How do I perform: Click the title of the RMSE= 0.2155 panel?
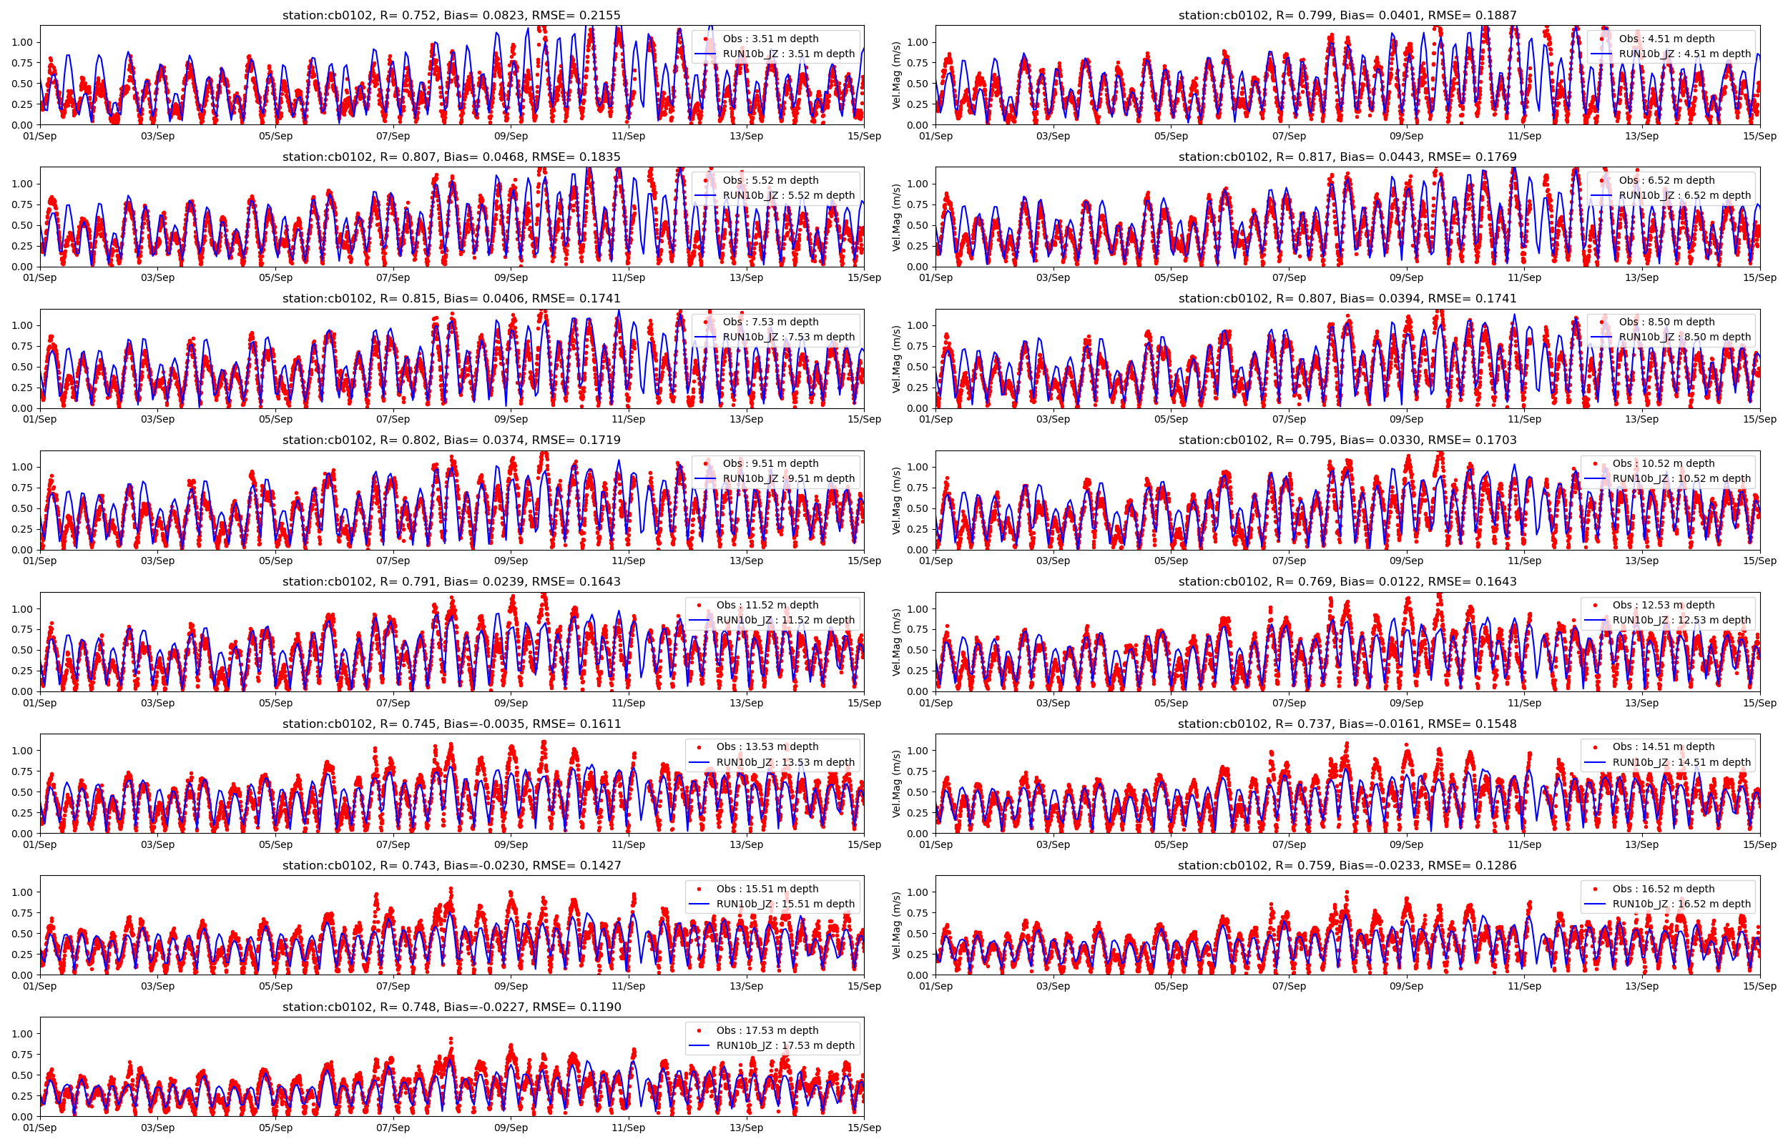pos(451,15)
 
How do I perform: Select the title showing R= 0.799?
pos(1347,15)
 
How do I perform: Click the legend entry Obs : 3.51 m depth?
pos(770,39)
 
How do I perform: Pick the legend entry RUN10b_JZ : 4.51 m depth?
pos(1684,54)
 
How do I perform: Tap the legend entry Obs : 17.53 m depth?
pos(767,1030)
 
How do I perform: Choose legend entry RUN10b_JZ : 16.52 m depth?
pos(1681,904)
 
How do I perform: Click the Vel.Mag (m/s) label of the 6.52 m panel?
pos(896,217)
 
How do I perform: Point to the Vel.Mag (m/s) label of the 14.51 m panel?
pos(896,784)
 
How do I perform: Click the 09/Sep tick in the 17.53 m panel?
pos(511,1128)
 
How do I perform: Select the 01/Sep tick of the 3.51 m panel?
pos(39,136)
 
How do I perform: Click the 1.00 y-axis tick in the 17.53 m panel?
pos(21,1034)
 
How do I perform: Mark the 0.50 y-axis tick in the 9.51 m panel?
pos(21,509)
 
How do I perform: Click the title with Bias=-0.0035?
pos(451,724)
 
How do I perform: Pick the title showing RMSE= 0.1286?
pos(1347,865)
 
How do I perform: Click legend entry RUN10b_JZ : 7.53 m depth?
pos(788,337)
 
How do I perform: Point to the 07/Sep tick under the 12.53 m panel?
pos(1289,703)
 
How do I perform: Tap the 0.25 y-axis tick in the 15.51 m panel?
pos(21,955)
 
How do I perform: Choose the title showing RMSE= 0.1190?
pos(451,1007)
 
